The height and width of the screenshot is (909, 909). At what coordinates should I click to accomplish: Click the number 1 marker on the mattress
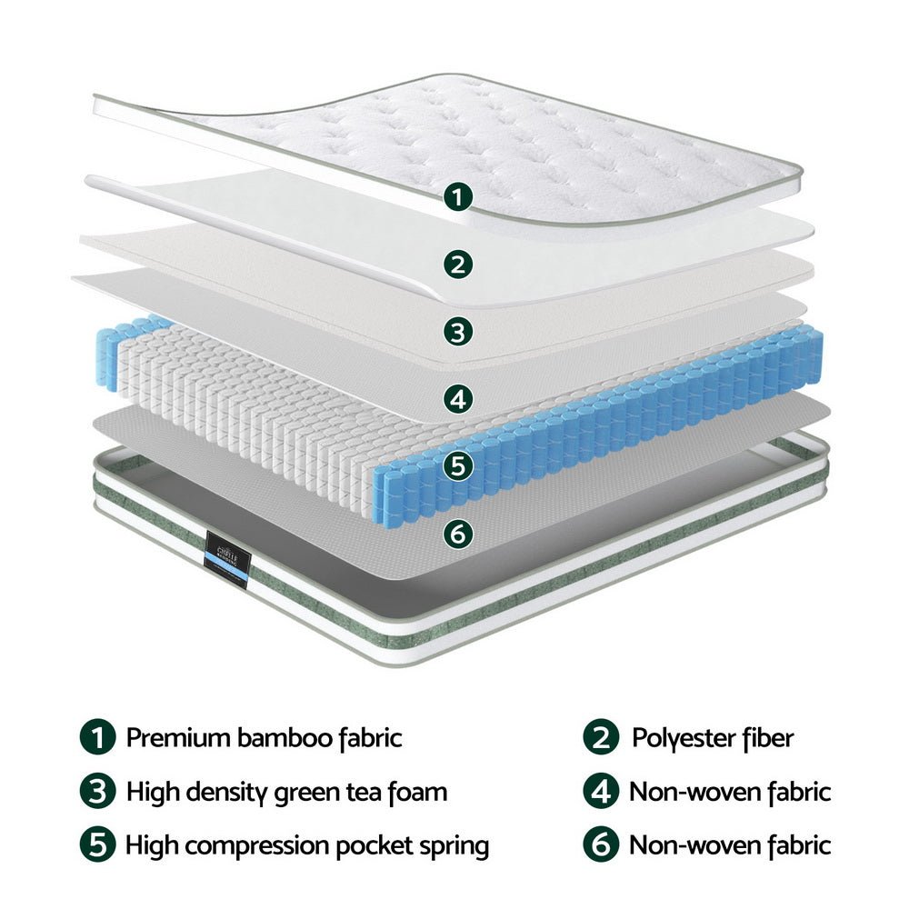click(x=460, y=196)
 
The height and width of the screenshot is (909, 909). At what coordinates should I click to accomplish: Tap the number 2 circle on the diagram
click(x=460, y=265)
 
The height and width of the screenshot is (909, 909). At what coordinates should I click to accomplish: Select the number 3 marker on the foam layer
click(x=460, y=331)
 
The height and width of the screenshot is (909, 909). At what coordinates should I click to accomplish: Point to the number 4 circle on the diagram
click(x=460, y=398)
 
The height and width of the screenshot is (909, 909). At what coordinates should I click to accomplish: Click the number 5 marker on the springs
click(x=460, y=465)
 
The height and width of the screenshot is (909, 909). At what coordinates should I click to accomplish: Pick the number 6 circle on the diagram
click(x=460, y=533)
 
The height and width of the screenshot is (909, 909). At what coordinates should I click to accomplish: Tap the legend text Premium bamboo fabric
click(x=264, y=737)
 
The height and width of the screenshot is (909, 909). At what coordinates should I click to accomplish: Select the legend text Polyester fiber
click(x=713, y=737)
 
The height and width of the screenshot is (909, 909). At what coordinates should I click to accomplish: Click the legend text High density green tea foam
click(x=286, y=792)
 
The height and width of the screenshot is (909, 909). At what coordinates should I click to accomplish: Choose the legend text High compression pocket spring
click(x=307, y=846)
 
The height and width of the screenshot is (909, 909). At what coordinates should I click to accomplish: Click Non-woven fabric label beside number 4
click(x=730, y=792)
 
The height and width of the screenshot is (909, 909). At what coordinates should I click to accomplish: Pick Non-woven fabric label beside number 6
click(x=730, y=846)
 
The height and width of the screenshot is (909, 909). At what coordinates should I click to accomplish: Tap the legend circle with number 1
click(x=97, y=737)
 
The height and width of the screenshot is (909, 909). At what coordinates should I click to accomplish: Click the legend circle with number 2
click(x=600, y=737)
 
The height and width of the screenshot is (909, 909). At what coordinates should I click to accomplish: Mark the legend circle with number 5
click(x=97, y=846)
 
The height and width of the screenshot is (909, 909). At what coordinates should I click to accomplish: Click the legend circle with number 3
click(x=97, y=792)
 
